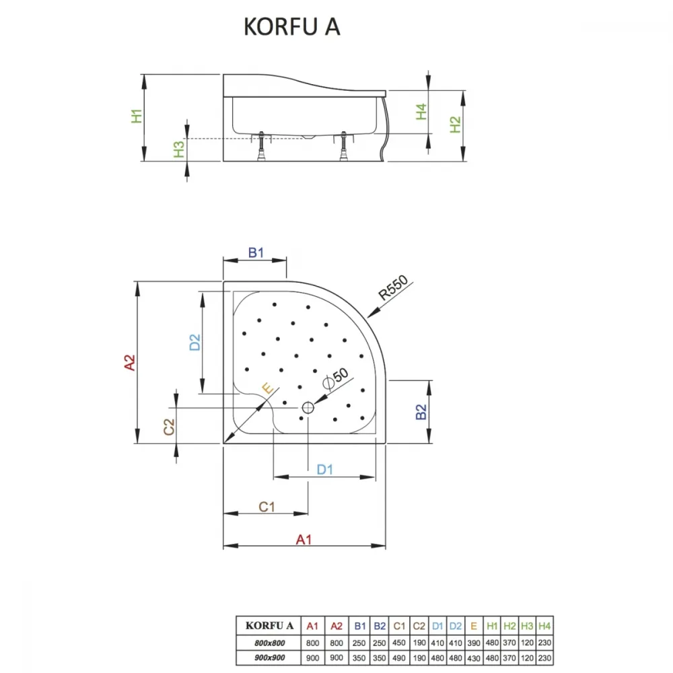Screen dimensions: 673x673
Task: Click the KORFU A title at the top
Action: [x=292, y=27]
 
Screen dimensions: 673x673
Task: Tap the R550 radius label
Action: [x=393, y=287]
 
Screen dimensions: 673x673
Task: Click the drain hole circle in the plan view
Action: [x=308, y=407]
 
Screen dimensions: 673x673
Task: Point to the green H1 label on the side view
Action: [x=137, y=116]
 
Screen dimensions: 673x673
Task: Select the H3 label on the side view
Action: [x=178, y=149]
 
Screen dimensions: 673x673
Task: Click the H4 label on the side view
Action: [x=421, y=112]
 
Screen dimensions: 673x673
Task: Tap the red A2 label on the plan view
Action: [x=129, y=363]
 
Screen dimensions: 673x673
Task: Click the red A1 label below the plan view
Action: [x=304, y=540]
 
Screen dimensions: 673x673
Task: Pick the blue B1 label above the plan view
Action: [x=256, y=252]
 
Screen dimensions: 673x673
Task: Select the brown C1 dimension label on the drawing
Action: [x=267, y=507]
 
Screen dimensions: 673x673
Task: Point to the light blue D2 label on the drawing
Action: [x=195, y=343]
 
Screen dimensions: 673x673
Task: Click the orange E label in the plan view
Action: [x=267, y=388]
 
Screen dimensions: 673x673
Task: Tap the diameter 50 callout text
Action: [x=336, y=378]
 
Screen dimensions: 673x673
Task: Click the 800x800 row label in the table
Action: [x=270, y=643]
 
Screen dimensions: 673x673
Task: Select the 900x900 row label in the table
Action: [x=270, y=658]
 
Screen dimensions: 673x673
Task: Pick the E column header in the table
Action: [x=473, y=626]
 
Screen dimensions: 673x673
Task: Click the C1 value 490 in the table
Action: [x=398, y=658]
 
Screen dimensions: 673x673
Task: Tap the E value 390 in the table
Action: [x=473, y=643]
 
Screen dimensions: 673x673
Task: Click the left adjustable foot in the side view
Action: [x=261, y=146]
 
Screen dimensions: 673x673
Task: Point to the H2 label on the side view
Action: [x=455, y=125]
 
